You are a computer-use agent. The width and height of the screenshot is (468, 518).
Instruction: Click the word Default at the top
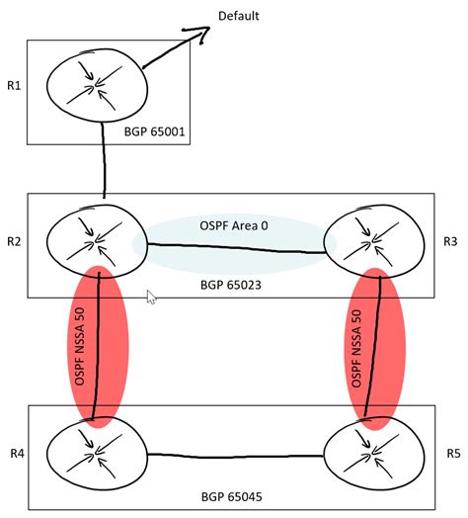pyautogui.click(x=240, y=17)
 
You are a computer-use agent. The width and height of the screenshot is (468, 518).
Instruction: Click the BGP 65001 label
pyautogui.click(x=162, y=130)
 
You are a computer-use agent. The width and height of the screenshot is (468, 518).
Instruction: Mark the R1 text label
pyautogui.click(x=13, y=86)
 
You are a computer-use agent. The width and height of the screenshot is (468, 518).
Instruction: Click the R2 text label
pyautogui.click(x=13, y=240)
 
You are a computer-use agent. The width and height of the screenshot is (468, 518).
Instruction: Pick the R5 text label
pyautogui.click(x=453, y=454)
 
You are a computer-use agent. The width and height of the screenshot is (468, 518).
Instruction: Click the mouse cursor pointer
pyautogui.click(x=149, y=298)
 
